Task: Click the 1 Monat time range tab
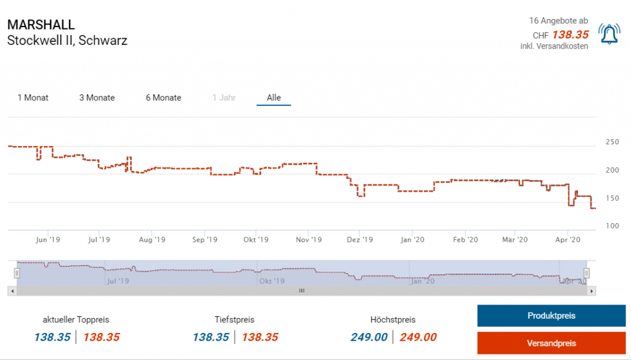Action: (33, 97)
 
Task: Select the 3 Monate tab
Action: (97, 97)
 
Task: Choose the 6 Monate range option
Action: (163, 97)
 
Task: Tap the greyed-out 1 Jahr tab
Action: (224, 97)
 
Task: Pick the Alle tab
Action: (274, 97)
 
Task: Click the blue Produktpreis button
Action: (551, 316)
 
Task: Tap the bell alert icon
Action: (609, 35)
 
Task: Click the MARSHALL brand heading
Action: (41, 25)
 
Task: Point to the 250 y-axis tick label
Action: (612, 142)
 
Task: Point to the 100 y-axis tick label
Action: (612, 226)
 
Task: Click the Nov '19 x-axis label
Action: (308, 239)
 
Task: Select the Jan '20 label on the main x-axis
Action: (412, 239)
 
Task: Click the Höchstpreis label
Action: (393, 319)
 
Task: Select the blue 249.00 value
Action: (369, 337)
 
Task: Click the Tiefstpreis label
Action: (234, 319)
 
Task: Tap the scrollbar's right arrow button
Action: (592, 290)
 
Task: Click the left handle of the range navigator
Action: (17, 272)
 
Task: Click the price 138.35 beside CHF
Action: (570, 35)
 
